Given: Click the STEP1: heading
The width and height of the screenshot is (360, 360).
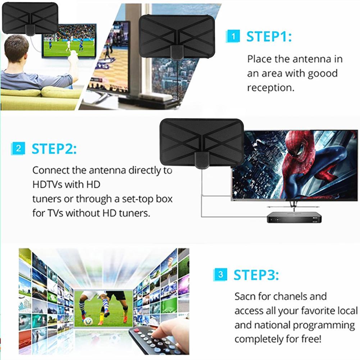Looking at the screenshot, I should pos(269,37).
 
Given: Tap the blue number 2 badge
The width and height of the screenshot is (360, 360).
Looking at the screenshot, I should pos(18,148).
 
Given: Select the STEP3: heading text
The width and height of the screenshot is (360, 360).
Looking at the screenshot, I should pos(256,275).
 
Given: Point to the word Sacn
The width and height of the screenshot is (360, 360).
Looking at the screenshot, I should pos(247,297).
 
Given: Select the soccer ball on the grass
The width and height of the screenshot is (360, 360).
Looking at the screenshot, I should pos(88,321).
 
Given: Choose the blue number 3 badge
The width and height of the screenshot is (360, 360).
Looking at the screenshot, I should pos(220,275).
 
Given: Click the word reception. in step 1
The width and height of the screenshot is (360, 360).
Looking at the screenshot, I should pos(270,88).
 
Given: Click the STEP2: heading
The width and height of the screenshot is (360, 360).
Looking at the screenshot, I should pos(54,149).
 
